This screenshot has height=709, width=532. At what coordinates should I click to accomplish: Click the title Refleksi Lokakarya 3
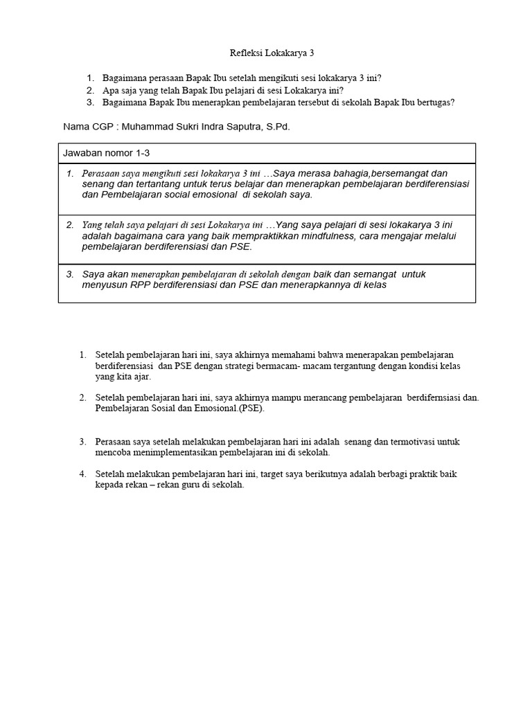click(x=266, y=53)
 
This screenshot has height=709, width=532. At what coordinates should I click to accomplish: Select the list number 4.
click(x=82, y=474)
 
